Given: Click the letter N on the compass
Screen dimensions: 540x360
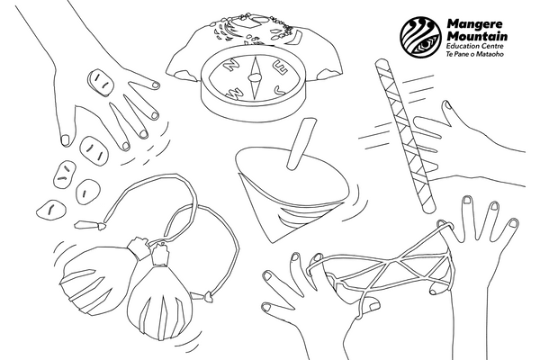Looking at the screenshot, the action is pos(232,65).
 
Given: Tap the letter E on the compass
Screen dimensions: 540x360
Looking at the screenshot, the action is pos(279,67).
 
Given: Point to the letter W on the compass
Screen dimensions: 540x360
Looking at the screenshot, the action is pos(234,93).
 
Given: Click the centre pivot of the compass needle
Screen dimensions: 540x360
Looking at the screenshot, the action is pos(254,78).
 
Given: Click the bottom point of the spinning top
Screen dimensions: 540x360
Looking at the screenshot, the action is pos(273,241).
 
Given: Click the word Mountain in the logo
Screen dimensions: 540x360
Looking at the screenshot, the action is pos(477,36).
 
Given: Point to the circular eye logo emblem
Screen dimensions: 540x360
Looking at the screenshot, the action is pos(421,37).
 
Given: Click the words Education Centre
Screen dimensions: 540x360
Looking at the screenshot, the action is pos(475,47).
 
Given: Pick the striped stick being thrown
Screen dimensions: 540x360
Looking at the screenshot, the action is pos(405,134).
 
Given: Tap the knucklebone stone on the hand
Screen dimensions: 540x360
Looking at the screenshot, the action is pos(100,83).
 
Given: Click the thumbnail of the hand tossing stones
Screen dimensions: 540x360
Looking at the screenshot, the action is pos(65,140).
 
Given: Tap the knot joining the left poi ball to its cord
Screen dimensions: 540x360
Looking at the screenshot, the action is pos(138,247).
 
